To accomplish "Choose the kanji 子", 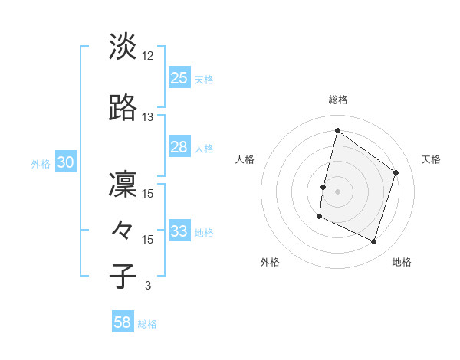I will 123,277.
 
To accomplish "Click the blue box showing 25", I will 179,78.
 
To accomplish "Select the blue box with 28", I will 179,147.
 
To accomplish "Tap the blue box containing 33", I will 179,231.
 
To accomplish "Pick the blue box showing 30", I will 65,162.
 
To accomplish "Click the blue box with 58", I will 123,322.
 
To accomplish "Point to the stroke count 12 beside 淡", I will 148,56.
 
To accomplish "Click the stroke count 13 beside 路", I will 148,117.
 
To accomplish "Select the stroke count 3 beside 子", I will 148,286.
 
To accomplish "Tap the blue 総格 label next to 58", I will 147,324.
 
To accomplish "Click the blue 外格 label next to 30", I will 41,163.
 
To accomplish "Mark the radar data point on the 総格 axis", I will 337,131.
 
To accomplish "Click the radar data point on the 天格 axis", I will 396,172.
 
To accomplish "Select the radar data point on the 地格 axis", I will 373,242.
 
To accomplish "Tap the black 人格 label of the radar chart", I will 245,159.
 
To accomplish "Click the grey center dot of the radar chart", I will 337,191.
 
